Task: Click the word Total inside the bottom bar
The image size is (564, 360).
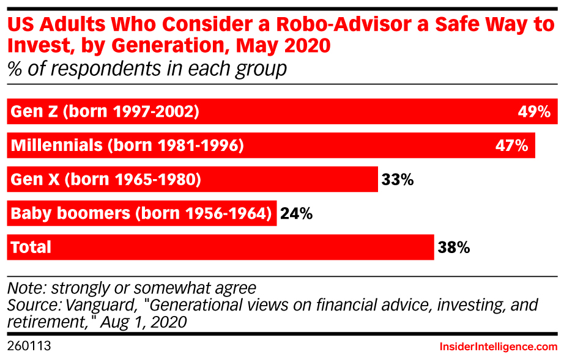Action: (31, 247)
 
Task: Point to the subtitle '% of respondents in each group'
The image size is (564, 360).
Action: (146, 68)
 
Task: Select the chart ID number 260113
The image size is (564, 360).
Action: (28, 347)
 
